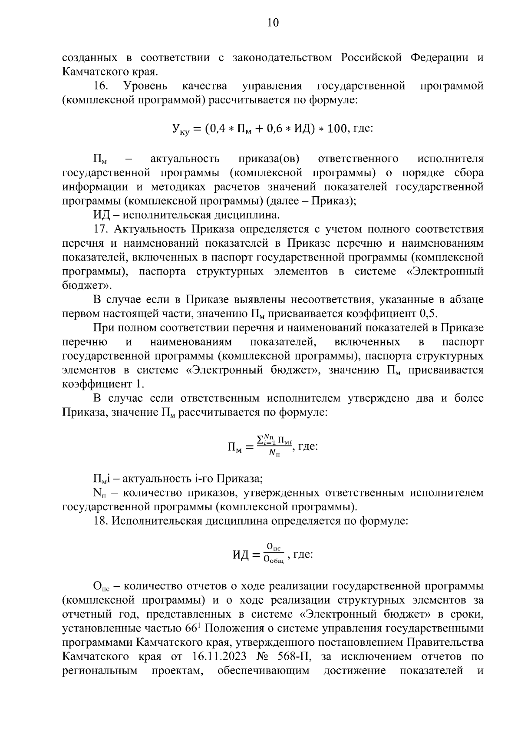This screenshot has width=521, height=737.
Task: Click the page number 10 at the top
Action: coord(273,23)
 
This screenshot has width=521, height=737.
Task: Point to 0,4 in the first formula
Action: coord(215,129)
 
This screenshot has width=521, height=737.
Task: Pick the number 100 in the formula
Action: coord(336,129)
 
